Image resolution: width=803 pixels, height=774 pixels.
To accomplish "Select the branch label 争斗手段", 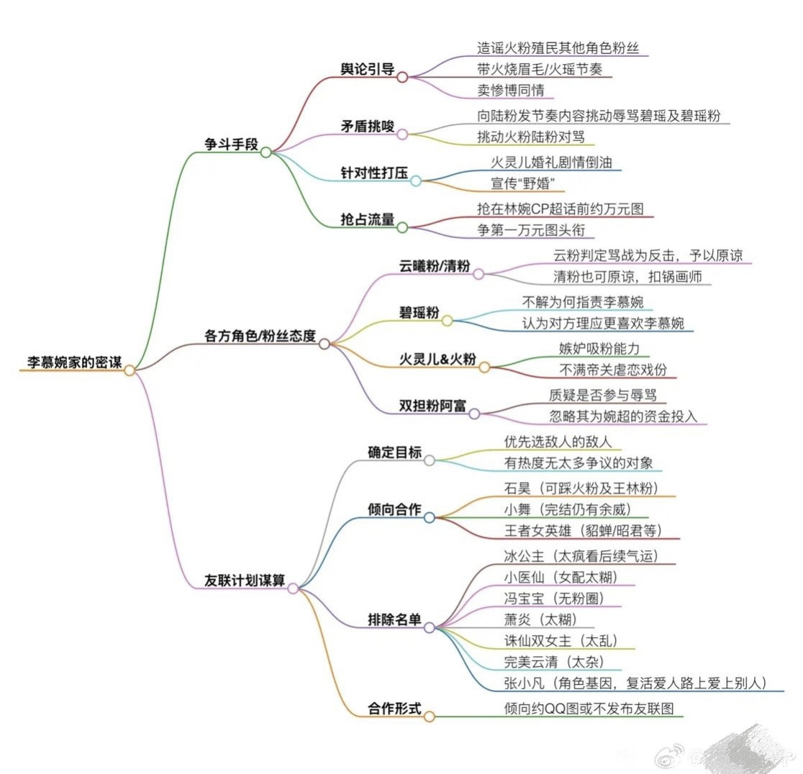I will (x=231, y=143).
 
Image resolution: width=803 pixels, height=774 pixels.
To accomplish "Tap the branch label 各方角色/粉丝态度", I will (x=260, y=335).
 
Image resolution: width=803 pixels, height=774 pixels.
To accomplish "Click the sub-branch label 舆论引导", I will (x=368, y=68).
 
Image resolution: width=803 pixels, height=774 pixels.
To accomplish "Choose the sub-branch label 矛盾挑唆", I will (x=368, y=126).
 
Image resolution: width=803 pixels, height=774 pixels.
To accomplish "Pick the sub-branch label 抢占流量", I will (x=368, y=219).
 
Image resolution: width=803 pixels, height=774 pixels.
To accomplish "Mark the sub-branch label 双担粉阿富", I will (x=432, y=406).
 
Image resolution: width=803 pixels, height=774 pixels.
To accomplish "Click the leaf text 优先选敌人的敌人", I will (x=558, y=442).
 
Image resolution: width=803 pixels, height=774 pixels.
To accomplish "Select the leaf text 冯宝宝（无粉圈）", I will (x=554, y=597).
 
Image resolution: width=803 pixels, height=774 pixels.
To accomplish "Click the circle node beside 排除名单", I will (x=430, y=627).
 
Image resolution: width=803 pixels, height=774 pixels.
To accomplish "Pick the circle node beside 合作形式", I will (x=430, y=716).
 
